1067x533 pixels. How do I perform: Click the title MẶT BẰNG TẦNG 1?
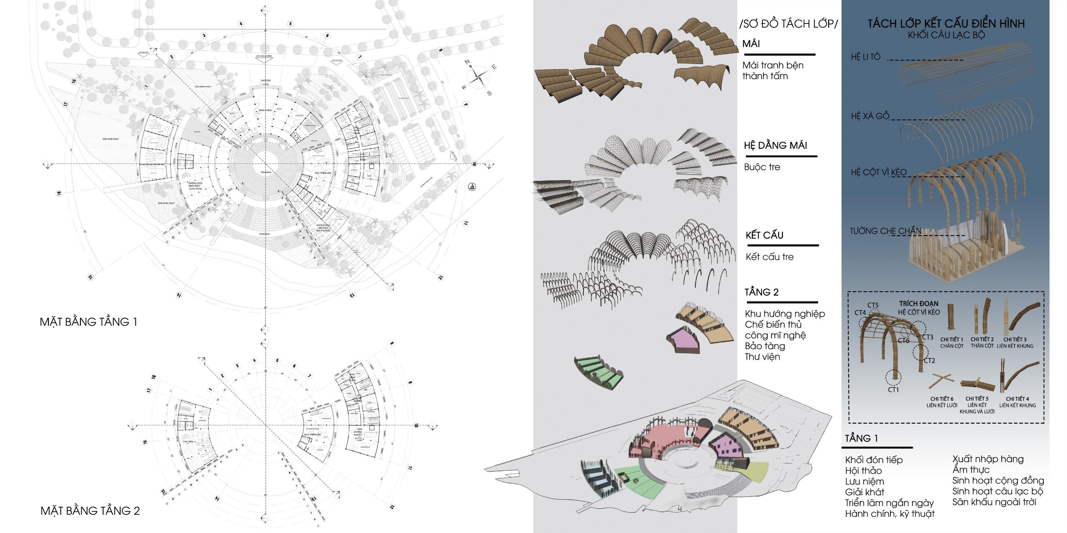[88, 322]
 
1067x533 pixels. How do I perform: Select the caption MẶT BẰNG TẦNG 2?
[90, 511]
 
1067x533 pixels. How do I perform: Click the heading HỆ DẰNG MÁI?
[775, 145]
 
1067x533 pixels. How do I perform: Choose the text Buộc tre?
[762, 167]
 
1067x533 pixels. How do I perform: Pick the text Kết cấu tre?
[770, 257]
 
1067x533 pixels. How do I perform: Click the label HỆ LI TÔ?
[865, 57]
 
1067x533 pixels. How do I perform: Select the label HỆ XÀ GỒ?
[870, 116]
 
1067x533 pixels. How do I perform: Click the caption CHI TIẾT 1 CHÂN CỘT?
[951, 343]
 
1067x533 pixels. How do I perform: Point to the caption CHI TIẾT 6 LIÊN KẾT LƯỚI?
[941, 402]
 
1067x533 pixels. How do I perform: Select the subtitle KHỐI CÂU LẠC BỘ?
[946, 35]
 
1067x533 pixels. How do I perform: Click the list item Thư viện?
[762, 357]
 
